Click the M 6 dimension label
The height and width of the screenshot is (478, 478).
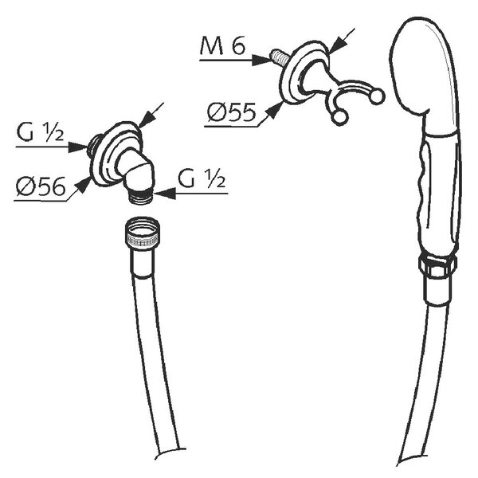222,45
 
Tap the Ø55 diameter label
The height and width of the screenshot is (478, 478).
232,112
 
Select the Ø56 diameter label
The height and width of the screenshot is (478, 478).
41,186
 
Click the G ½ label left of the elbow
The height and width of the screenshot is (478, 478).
40,133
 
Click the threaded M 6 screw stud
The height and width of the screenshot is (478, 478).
277,57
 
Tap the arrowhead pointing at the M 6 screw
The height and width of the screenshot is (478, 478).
261,60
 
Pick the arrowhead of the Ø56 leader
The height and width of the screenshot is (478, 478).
83,185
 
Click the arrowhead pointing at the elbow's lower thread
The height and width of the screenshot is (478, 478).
165,194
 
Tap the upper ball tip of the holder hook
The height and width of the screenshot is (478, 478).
377,96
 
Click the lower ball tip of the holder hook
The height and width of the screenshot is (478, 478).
340,117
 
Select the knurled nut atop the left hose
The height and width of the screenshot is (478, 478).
143,233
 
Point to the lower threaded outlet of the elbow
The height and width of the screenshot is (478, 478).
140,196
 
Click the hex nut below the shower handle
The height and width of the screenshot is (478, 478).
437,266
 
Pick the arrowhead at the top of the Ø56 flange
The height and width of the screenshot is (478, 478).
147,118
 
